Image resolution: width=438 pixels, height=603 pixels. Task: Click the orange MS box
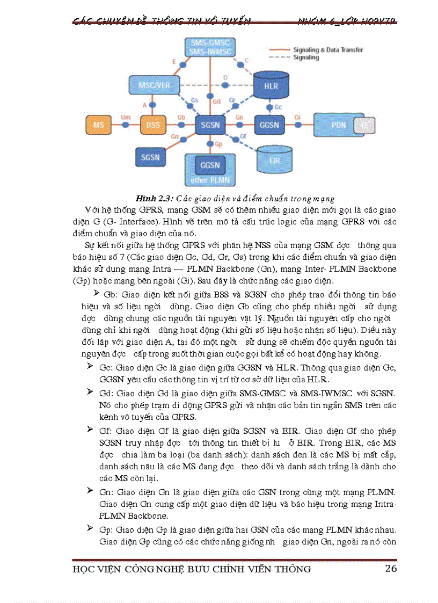point(99,125)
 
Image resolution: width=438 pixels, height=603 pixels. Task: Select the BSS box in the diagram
point(153,125)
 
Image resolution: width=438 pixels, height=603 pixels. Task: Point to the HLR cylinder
point(271,85)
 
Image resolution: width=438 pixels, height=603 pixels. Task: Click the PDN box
point(338,125)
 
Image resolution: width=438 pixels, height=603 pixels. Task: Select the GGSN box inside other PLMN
point(210,165)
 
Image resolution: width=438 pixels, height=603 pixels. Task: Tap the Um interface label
point(126,117)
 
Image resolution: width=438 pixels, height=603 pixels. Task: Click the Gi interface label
point(296,117)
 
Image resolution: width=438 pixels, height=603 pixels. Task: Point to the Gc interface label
point(278,107)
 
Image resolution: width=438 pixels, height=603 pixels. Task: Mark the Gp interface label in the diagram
point(218,144)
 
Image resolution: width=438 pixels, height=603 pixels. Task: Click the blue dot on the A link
point(152,104)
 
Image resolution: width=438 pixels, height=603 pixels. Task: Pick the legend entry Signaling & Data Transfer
point(327,50)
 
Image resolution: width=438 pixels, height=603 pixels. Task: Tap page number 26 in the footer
point(391,568)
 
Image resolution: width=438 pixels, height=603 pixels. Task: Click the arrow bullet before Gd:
point(90,392)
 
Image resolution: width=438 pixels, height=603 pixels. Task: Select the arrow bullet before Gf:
point(90,430)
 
